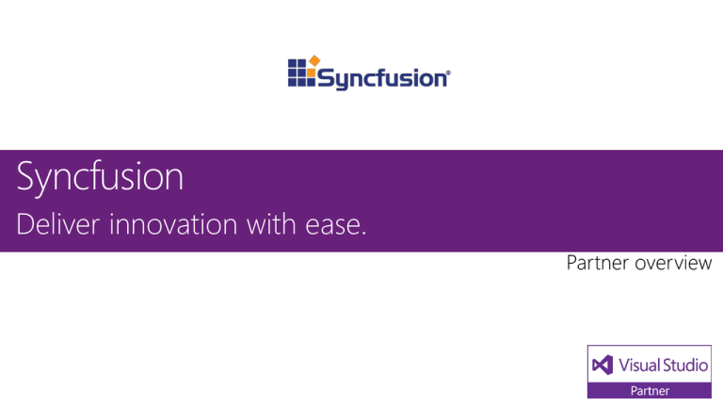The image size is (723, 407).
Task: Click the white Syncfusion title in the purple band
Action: pyautogui.click(x=100, y=178)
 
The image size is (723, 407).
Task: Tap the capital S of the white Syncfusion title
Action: pyautogui.click(x=27, y=177)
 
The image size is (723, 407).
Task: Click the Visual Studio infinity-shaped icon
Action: pyautogui.click(x=602, y=364)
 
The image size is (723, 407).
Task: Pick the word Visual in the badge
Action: pyautogui.click(x=638, y=364)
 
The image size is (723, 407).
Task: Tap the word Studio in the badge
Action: pyautogui.click(x=684, y=364)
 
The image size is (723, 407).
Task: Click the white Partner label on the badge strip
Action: pyautogui.click(x=650, y=390)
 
